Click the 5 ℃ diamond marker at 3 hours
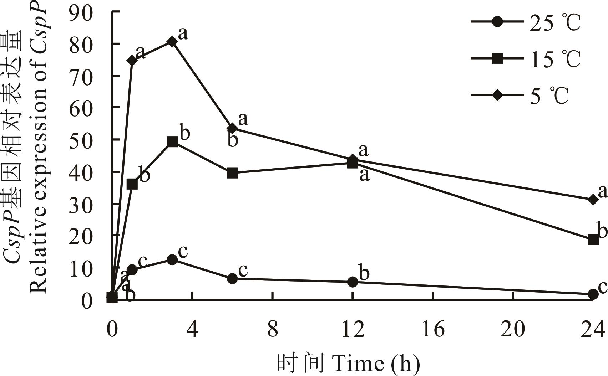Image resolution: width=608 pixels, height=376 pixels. pyautogui.click(x=172, y=42)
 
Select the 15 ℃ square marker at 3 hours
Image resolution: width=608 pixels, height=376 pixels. pyautogui.click(x=172, y=142)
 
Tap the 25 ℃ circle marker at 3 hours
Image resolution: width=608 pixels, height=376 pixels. pyautogui.click(x=172, y=259)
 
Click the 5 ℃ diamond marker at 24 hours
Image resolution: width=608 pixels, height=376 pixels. pyautogui.click(x=593, y=200)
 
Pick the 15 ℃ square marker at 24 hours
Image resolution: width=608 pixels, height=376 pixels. pyautogui.click(x=593, y=239)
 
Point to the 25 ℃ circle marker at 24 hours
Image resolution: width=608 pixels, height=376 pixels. pyautogui.click(x=593, y=294)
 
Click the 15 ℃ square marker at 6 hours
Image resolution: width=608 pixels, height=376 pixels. pyautogui.click(x=232, y=173)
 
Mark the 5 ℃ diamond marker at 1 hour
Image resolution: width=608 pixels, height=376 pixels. pyautogui.click(x=132, y=60)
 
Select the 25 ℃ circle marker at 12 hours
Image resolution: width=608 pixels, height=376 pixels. pyautogui.click(x=353, y=282)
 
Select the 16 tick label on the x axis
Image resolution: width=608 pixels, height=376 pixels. pyautogui.click(x=433, y=329)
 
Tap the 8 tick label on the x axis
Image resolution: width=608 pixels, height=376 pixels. pyautogui.click(x=273, y=329)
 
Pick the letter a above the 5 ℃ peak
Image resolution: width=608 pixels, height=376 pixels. pyautogui.click(x=183, y=33)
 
